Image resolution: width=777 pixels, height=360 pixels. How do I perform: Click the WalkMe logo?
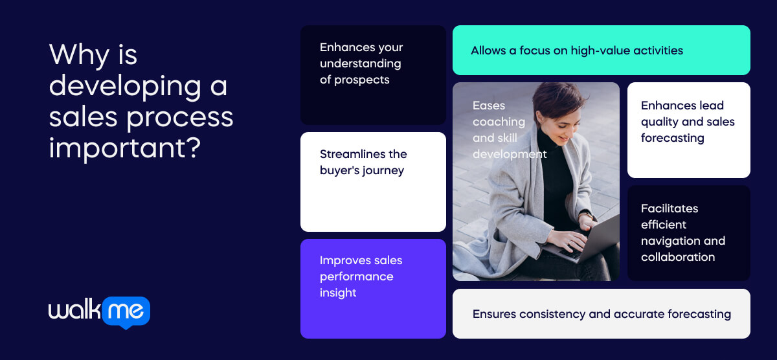tap(99, 312)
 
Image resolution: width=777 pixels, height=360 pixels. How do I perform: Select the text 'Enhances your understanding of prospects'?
tap(361, 63)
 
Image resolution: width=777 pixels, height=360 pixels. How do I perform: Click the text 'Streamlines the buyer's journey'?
tap(363, 163)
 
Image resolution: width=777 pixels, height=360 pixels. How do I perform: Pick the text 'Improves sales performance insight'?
tap(361, 276)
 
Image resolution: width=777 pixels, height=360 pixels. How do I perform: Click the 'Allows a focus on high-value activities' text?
tap(576, 51)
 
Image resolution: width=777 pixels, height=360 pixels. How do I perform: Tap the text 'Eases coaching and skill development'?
tap(509, 129)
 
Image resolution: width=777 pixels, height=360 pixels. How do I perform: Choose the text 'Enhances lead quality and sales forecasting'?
tap(687, 122)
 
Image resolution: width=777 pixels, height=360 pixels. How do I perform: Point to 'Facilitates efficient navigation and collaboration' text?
tap(682, 232)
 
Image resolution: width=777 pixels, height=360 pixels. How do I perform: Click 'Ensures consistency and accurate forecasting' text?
tap(601, 314)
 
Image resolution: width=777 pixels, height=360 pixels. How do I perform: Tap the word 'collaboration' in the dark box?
tap(678, 257)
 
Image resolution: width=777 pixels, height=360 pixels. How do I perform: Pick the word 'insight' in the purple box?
tap(338, 293)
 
